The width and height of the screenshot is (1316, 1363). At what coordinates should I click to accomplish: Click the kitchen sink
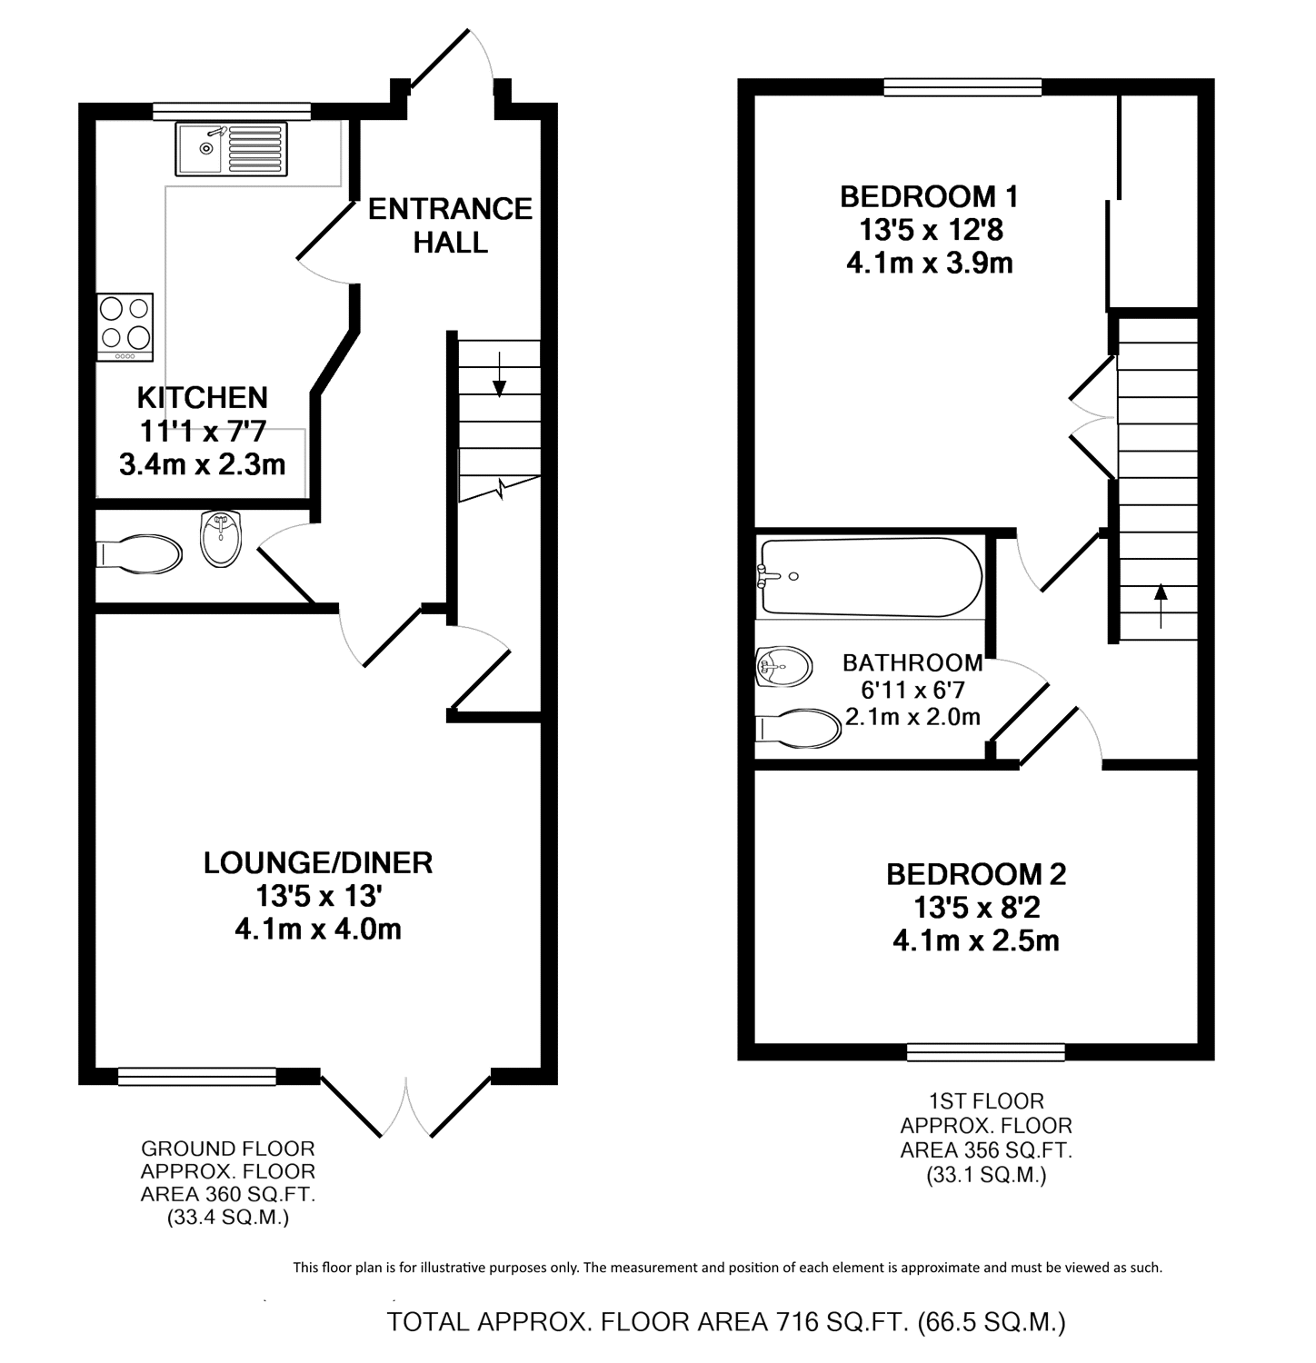coord(232,149)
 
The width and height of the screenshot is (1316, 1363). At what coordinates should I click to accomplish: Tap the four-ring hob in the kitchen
coord(125,327)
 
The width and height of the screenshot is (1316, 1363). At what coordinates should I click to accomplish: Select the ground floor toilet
coord(139,553)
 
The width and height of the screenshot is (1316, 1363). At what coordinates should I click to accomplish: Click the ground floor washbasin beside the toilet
coord(221,538)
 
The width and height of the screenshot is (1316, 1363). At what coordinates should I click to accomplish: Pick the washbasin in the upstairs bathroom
coord(783,667)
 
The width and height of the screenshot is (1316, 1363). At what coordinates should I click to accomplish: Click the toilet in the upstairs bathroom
coord(798,729)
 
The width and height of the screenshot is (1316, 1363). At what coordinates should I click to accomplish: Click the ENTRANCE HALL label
coord(450,225)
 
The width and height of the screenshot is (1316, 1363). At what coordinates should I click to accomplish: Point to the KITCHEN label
coord(203,397)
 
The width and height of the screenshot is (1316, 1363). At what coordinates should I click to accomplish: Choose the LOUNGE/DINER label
coord(318,862)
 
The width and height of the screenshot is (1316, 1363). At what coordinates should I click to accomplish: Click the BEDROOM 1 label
coord(929,196)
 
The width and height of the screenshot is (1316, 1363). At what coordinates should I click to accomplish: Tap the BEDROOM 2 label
coord(976,874)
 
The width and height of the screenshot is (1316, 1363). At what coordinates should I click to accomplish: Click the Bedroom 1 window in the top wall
coord(962,87)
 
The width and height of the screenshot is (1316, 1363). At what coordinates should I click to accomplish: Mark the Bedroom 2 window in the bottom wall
coord(986,1052)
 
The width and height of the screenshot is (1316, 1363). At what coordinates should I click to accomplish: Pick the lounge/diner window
coord(197,1077)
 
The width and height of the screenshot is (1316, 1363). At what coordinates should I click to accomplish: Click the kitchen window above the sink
coord(232,112)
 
